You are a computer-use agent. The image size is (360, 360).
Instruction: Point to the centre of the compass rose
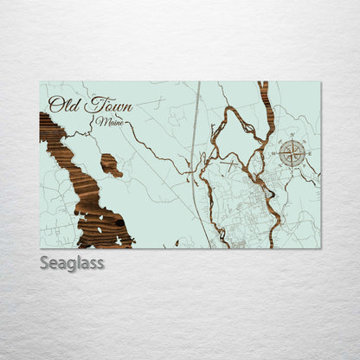pos(292,154)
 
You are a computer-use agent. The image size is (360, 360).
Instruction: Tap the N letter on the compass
pos(292,141)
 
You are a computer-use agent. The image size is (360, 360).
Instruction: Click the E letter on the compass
pos(306,154)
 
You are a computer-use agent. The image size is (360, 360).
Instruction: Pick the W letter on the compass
pos(279,154)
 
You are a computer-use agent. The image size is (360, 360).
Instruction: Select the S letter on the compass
pos(292,168)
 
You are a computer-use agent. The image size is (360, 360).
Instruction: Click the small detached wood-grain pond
pos(111,164)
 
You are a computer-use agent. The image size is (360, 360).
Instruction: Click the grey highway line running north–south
pos(195,138)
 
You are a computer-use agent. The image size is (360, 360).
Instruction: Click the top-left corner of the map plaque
pos(41,83)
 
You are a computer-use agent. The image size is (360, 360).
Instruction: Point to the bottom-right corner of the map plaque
pos(319,247)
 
